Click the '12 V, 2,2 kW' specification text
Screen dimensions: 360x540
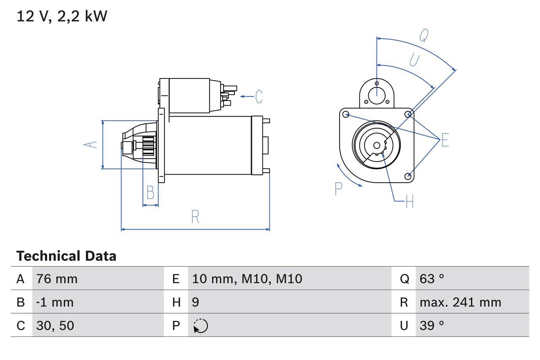[62, 16]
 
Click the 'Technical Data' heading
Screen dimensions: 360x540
[66, 256]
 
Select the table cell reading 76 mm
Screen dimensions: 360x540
[57, 279]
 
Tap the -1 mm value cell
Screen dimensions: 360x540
[55, 302]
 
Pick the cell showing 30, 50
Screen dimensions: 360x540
[55, 325]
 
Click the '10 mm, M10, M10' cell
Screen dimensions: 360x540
[247, 279]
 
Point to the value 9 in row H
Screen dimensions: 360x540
[195, 302]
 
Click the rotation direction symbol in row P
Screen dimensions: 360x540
[200, 326]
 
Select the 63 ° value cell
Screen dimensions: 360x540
[432, 279]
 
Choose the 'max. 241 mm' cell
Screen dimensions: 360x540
[460, 302]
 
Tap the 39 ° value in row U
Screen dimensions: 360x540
[432, 325]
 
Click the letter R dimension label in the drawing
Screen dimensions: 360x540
[195, 217]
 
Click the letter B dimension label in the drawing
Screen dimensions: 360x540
[150, 192]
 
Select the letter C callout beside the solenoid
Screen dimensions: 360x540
[259, 97]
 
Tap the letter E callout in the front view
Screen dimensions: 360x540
[445, 140]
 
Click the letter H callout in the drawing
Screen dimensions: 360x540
[409, 202]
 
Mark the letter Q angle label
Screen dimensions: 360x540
[424, 36]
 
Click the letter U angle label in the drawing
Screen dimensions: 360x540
[414, 61]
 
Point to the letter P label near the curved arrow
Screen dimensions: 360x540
[338, 189]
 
